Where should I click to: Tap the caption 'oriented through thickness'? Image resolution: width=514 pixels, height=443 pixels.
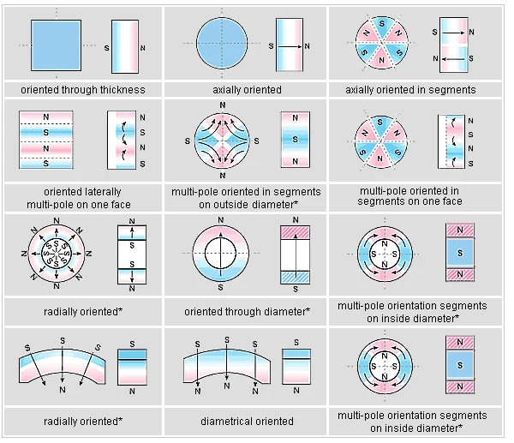pyautogui.click(x=83, y=89)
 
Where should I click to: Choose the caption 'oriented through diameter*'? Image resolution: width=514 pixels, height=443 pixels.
pyautogui.click(x=247, y=310)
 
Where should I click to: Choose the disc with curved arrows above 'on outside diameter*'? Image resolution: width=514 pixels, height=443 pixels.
pyautogui.click(x=223, y=140)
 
